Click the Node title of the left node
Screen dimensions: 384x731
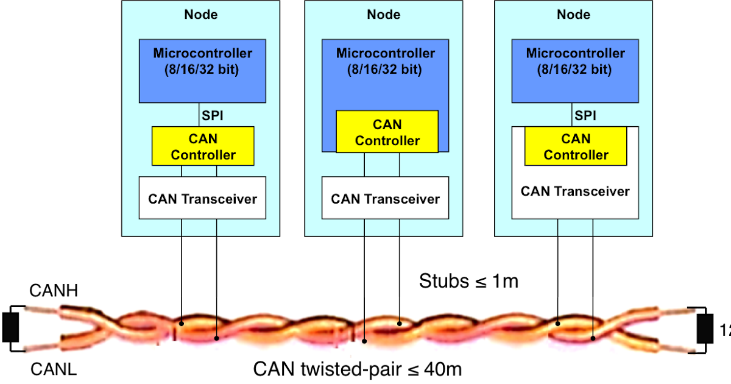[x=201, y=15]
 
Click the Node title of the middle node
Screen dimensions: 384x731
[x=384, y=15]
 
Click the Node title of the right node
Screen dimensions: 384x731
[x=574, y=15]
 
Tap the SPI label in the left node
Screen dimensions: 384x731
[x=213, y=116]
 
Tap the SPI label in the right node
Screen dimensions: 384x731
[x=585, y=116]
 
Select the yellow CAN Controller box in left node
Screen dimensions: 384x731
[x=203, y=146]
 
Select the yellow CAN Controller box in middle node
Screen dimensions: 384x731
[x=387, y=132]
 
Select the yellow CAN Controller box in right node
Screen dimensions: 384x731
[x=576, y=146]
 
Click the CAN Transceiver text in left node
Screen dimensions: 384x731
[x=203, y=199]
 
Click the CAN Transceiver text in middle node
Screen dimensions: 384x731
[x=386, y=199]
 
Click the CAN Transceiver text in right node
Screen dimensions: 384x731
[x=575, y=191]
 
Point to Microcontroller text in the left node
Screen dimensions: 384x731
[x=203, y=53]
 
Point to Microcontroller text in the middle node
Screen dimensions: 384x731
[x=386, y=53]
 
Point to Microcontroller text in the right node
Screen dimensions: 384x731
[x=576, y=53]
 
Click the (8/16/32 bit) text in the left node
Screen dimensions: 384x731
[x=203, y=69]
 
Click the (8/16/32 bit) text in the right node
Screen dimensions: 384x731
[x=576, y=69]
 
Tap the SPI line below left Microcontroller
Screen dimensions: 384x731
[x=200, y=115]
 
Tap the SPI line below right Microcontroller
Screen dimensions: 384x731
[x=573, y=115]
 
